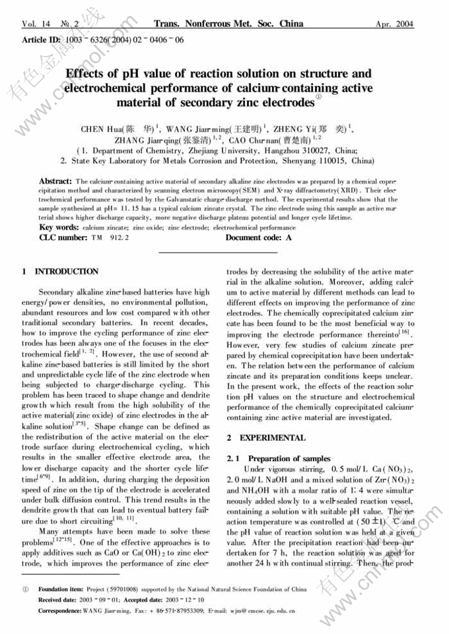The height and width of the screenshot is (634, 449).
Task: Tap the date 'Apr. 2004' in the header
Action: pyautogui.click(x=394, y=24)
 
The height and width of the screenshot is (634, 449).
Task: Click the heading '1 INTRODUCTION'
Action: pyautogui.click(x=60, y=271)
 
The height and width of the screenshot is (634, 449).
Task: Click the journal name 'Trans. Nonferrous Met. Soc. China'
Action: pyautogui.click(x=228, y=24)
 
